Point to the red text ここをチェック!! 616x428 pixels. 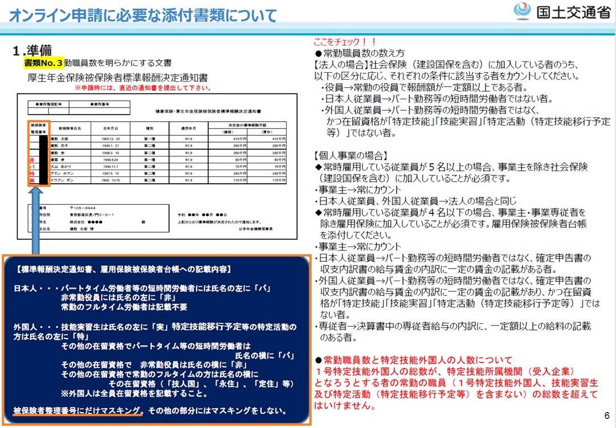pos(345,42)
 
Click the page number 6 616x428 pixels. pos(606,415)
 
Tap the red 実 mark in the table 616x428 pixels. pos(32,180)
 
